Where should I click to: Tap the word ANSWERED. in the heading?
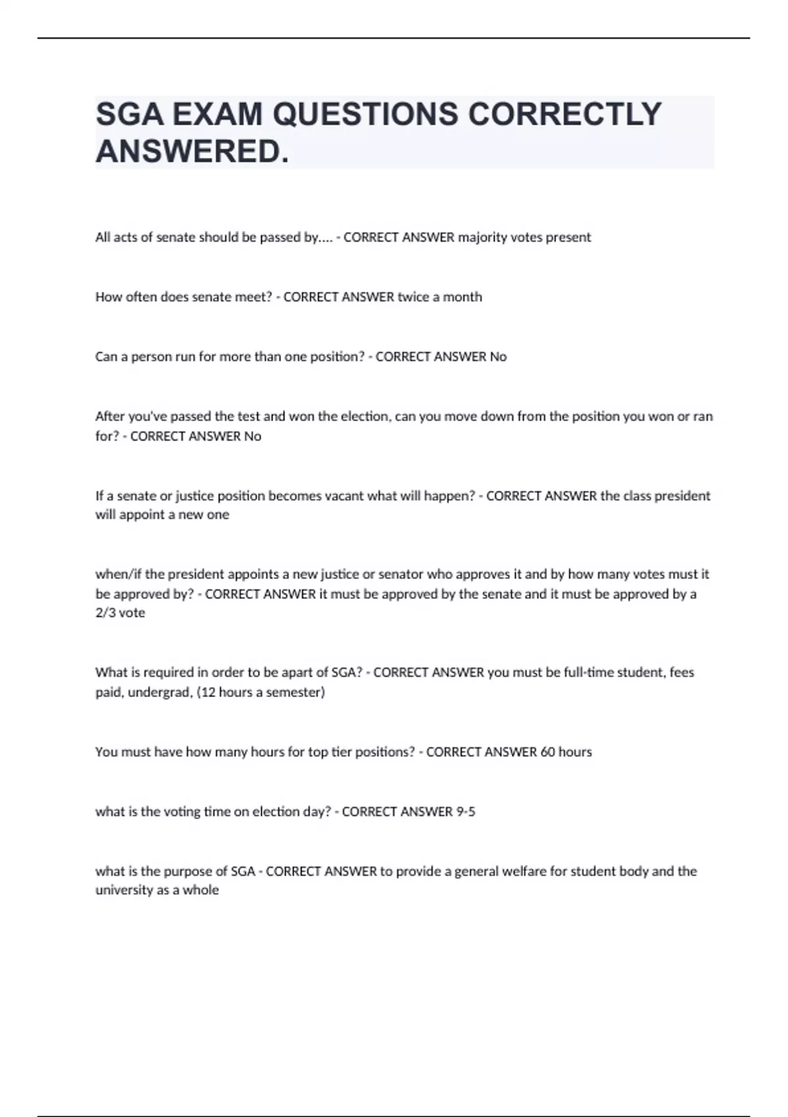coord(192,152)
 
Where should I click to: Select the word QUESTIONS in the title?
coord(365,114)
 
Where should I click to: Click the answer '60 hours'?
coord(566,752)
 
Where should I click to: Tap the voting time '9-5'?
coord(466,811)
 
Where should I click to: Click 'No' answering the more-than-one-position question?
coord(498,357)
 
